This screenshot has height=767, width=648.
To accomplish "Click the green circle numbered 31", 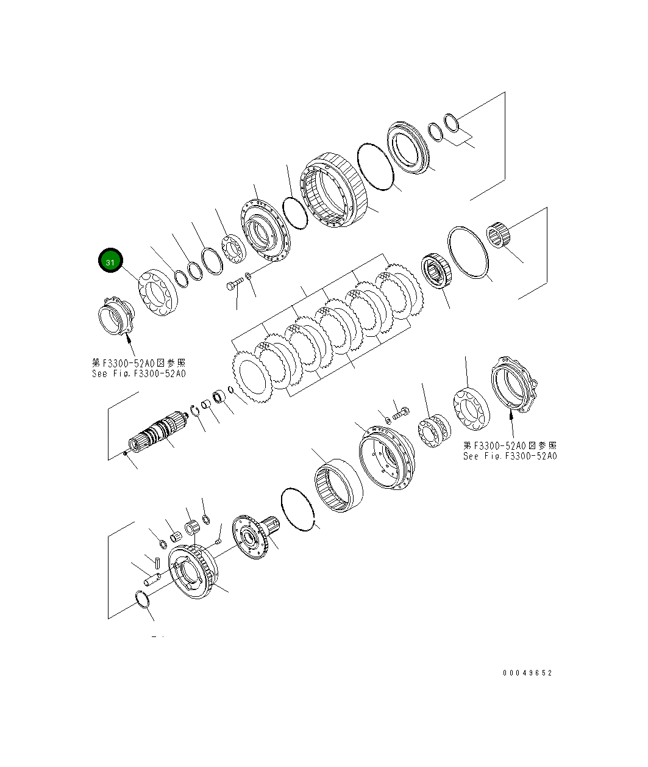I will [x=110, y=262].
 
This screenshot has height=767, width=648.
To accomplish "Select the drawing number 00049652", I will [x=527, y=673].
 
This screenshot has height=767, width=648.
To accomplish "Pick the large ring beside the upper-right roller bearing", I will [x=468, y=253].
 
